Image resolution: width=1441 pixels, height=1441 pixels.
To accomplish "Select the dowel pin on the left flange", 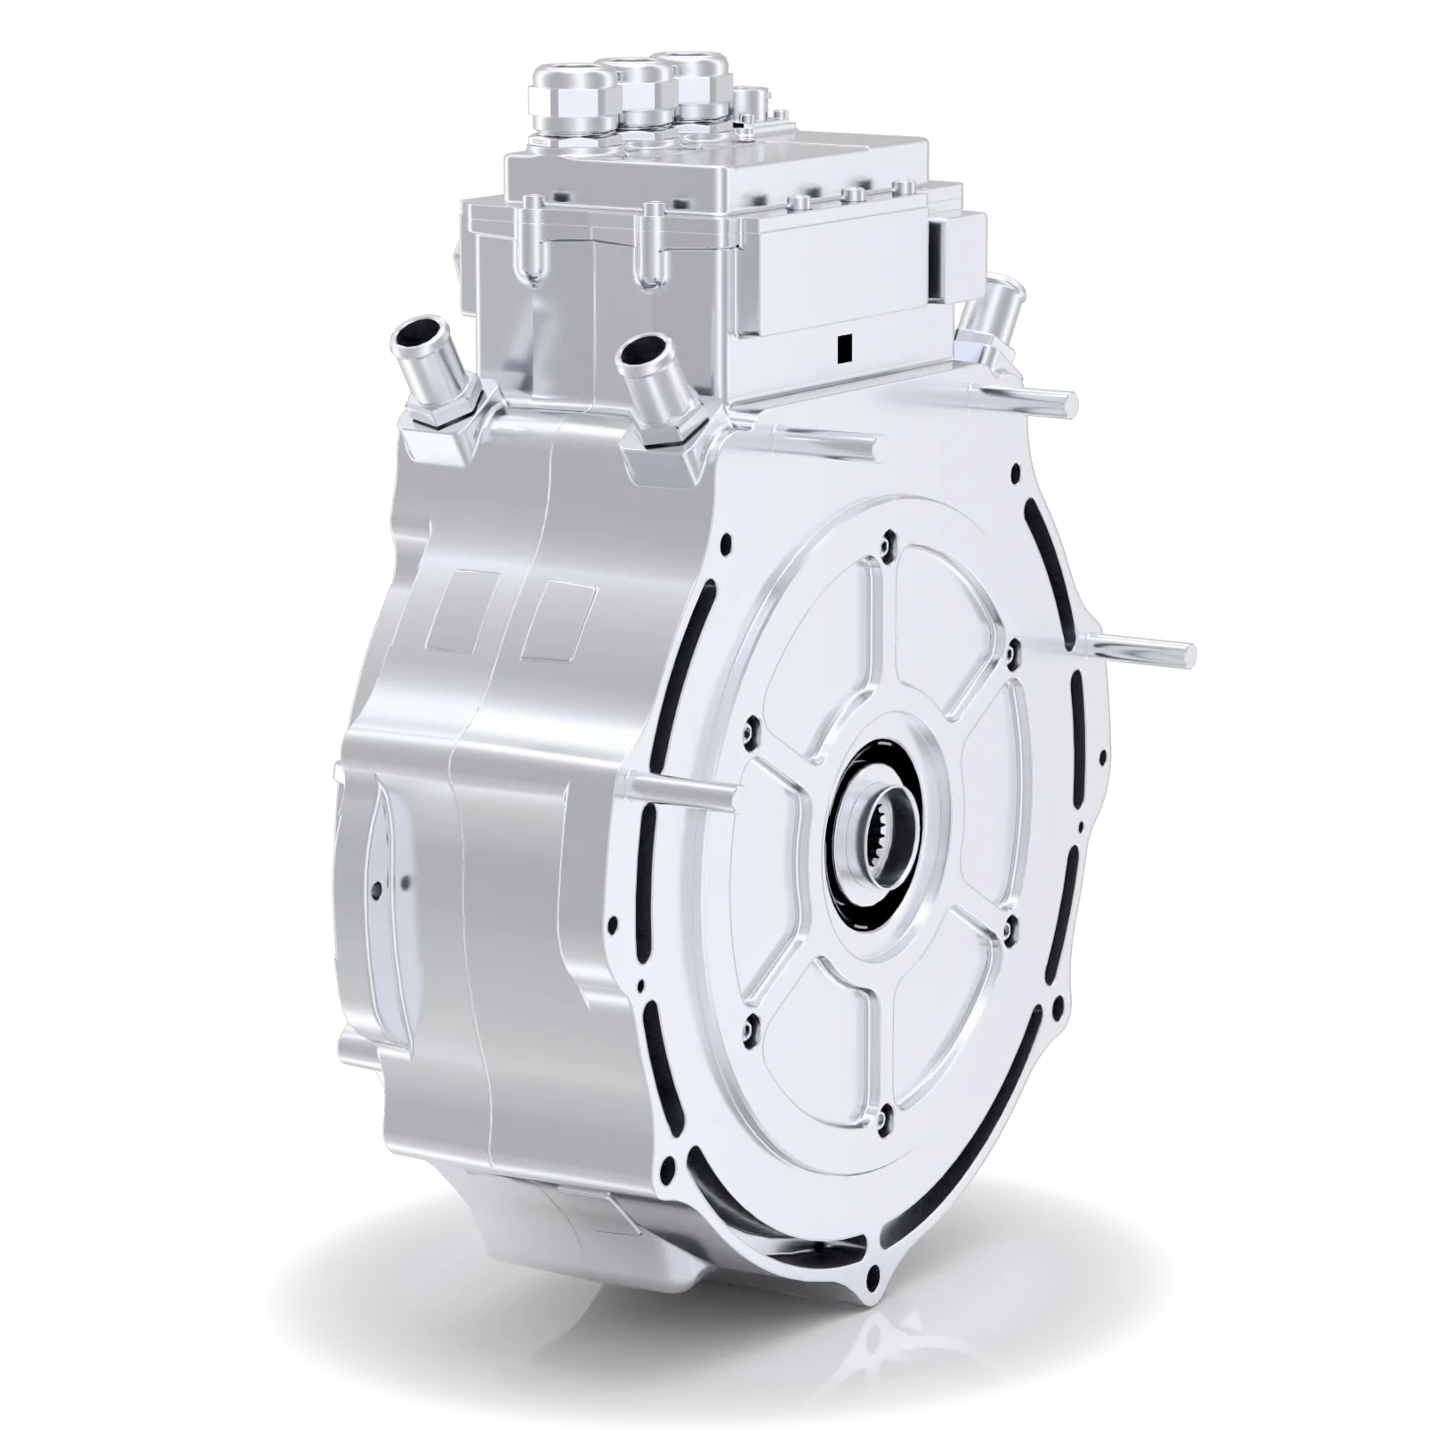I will (x=680, y=789).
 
